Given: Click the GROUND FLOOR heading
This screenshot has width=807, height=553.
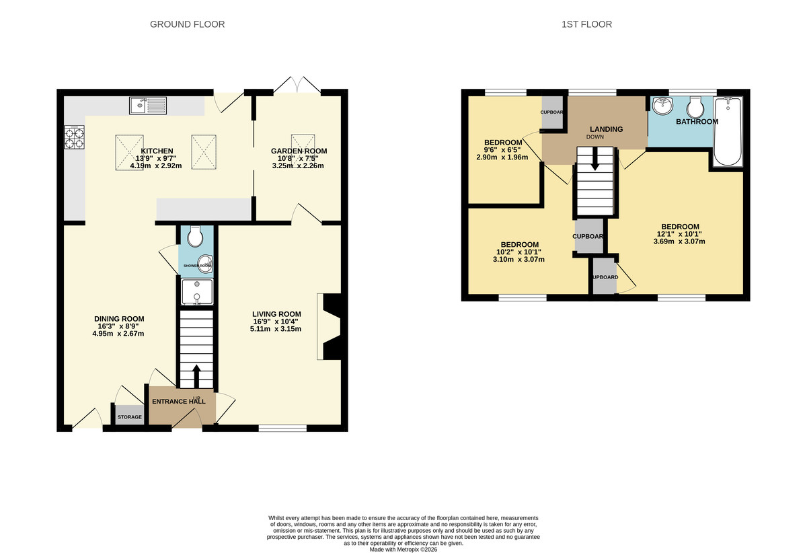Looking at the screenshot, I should coord(187,24).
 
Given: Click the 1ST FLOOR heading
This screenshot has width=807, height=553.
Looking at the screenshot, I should coord(586,24).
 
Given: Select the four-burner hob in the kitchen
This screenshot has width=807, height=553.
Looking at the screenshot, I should coord(74,138).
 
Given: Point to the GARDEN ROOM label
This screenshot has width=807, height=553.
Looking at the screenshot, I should coord(289,151).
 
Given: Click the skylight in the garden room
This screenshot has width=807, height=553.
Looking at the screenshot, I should coord(301,142).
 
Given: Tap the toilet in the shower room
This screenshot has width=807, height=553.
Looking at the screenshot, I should coord(196,237).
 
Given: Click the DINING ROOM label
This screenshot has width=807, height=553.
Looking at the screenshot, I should coord(119,319).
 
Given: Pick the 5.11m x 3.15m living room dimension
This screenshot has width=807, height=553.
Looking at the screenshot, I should coord(276,329).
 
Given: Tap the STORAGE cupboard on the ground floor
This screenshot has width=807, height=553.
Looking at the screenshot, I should coord(130,417).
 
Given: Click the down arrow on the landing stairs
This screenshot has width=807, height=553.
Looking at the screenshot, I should coord(594,161).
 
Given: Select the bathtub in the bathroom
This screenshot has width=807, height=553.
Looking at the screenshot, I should coord(728,132).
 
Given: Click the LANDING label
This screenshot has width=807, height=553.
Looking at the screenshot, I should coord(606,129).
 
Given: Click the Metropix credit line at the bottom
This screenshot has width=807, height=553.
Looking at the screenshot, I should coord(403,549).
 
